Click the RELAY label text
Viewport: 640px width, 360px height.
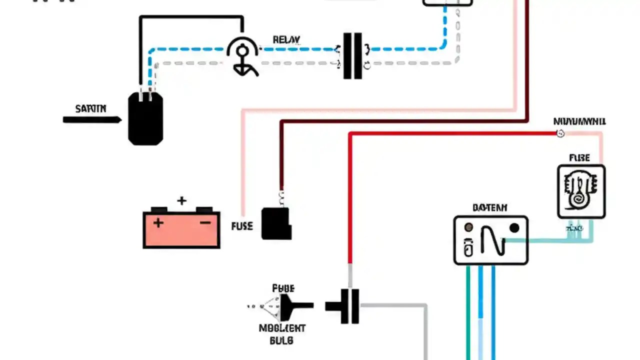coord(286,40)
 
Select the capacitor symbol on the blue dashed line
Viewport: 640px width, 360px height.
coord(352,56)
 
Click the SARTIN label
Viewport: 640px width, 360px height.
coord(90,108)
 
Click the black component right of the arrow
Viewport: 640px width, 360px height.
coord(145,119)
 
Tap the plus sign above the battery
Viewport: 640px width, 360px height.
coord(181,201)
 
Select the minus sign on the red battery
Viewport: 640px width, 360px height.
coord(205,223)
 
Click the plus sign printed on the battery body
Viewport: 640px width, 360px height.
coord(158,223)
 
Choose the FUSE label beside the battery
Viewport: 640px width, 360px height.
coord(242,226)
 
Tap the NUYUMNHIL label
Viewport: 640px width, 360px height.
coord(579,121)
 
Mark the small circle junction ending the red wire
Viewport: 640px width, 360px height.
coord(560,133)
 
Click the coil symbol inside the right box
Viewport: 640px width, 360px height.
coord(581,191)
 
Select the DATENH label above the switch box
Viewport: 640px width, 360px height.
coord(489,207)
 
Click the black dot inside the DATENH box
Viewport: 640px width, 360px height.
coord(514,228)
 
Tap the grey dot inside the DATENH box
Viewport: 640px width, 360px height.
coord(468,228)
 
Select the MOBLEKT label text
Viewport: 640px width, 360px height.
coord(282,328)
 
